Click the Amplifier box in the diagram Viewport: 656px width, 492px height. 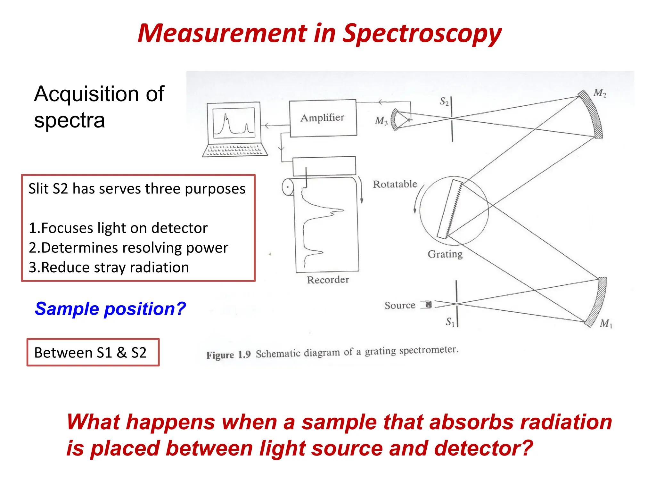click(323, 118)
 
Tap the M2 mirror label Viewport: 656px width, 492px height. click(600, 93)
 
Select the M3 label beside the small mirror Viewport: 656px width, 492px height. click(381, 121)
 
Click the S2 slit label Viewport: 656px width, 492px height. click(444, 102)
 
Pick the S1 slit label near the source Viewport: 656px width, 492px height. click(450, 322)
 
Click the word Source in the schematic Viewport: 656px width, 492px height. click(400, 305)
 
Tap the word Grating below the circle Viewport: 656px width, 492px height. click(445, 254)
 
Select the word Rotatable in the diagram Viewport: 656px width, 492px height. click(395, 184)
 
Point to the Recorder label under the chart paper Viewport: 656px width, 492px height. click(328, 280)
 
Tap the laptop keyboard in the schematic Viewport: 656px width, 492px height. click(234, 150)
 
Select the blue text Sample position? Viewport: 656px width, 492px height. click(110, 309)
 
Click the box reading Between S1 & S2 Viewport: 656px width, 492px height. click(93, 352)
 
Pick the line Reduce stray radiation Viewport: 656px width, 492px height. click(109, 267)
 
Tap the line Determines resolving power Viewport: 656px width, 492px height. click(128, 248)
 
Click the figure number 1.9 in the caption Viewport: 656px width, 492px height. click(244, 355)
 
